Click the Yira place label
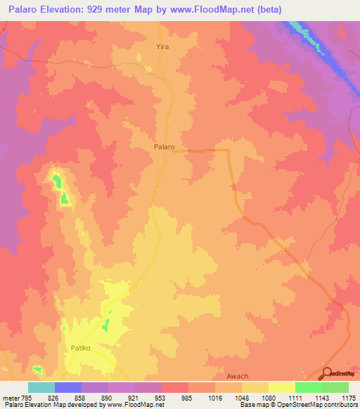[162, 46]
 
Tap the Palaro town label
[164, 148]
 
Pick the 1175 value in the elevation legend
[348, 397]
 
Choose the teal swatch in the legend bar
[41, 387]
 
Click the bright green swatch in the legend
[308, 387]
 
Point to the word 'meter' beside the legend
[11, 397]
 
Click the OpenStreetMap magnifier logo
[327, 373]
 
